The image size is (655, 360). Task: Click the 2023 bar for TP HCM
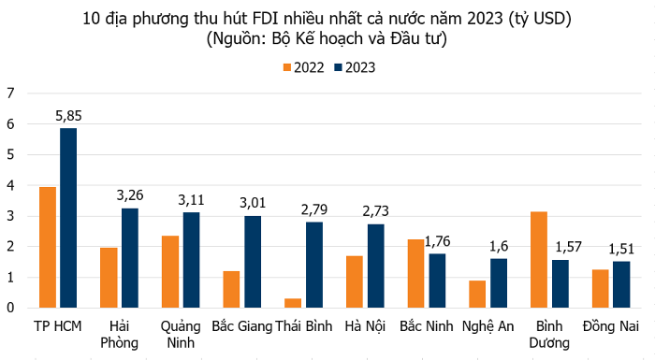[x=68, y=218]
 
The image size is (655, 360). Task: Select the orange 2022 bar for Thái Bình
[x=292, y=303]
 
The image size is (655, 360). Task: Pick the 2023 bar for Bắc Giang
[x=253, y=262]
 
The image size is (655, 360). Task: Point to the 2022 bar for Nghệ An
[x=476, y=294]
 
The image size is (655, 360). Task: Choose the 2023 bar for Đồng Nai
[x=621, y=284]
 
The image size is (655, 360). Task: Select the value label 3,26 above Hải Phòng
[x=131, y=195]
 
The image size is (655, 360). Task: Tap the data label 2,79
[x=315, y=209]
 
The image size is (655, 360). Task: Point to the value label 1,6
[x=500, y=246]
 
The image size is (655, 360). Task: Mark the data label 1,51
[x=622, y=249]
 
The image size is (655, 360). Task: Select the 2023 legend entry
[x=356, y=66]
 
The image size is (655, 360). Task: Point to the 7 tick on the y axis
[x=11, y=93]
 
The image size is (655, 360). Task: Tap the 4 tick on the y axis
[x=11, y=185]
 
